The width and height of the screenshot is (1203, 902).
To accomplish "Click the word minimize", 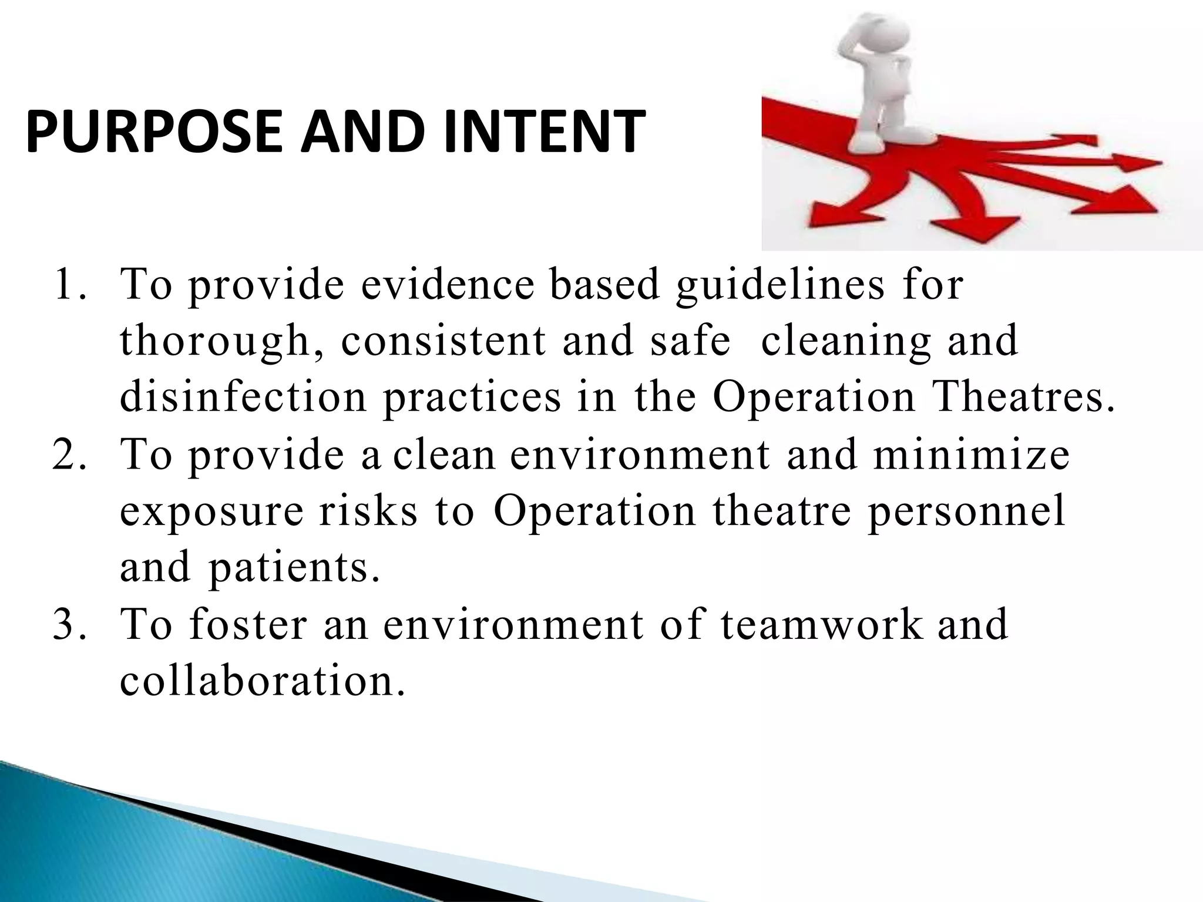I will point(970,456).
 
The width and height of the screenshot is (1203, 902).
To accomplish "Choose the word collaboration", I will point(262,681).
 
